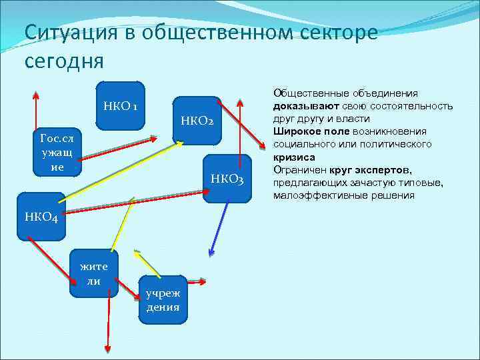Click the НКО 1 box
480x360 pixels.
(x=121, y=105)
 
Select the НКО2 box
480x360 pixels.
(x=197, y=121)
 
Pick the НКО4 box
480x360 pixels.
(x=41, y=216)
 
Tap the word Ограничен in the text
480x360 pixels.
(x=300, y=170)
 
